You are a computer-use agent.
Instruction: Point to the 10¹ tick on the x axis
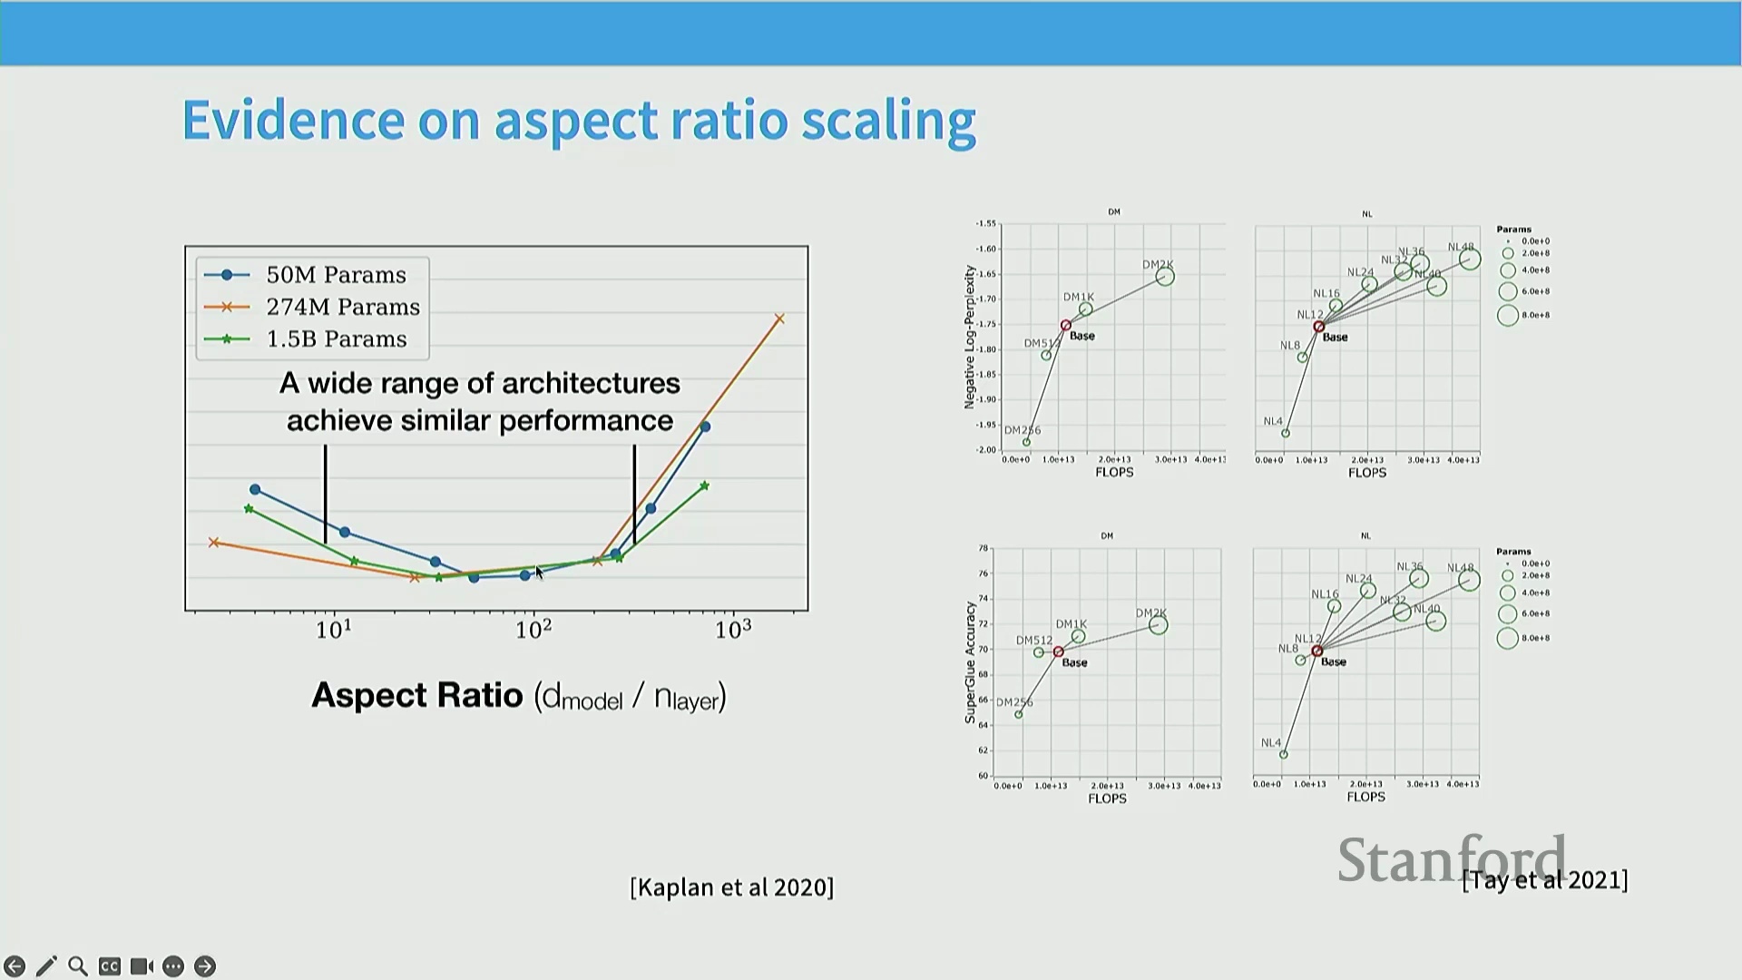point(334,629)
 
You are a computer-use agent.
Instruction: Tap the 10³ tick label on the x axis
point(733,629)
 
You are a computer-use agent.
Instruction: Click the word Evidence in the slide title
point(293,120)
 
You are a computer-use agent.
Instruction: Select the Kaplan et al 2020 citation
point(731,887)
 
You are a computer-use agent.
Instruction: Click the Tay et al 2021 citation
point(1544,879)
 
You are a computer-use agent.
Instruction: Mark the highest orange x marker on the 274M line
point(779,318)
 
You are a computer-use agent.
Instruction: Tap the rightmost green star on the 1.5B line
point(705,486)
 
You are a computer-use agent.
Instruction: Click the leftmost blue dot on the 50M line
point(255,490)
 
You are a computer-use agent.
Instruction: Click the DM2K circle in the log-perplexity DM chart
point(1165,277)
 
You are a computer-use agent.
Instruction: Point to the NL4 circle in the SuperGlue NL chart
point(1283,754)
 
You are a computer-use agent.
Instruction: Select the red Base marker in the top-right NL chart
point(1318,327)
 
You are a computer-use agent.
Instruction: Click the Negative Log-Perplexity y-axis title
point(969,337)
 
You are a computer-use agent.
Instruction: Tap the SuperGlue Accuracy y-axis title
point(970,661)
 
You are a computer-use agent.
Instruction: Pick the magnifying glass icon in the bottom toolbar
point(78,966)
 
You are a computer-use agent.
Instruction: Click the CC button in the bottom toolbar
point(110,966)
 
